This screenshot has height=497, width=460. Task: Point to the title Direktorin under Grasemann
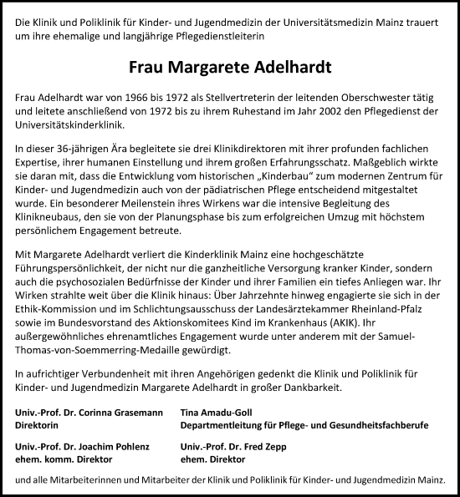click(x=39, y=425)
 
